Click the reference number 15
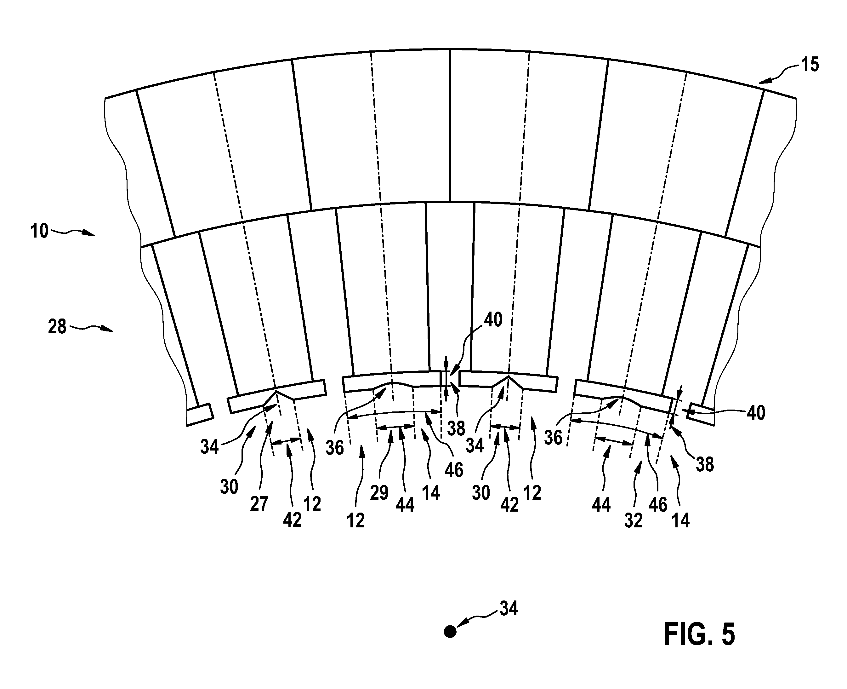[809, 65]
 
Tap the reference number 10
[40, 231]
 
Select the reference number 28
[57, 327]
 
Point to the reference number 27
[259, 504]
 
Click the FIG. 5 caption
[699, 634]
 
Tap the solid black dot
[450, 631]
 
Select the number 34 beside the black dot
[509, 608]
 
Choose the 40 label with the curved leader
[493, 319]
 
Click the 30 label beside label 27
[229, 487]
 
